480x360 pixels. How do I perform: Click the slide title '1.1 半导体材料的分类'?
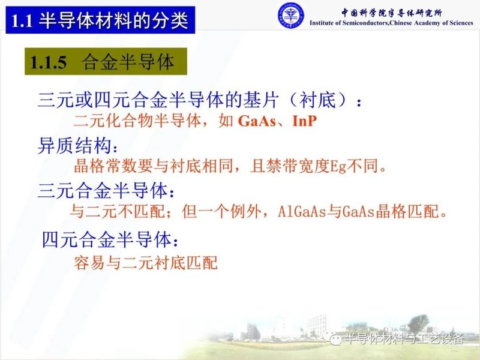[x=100, y=21]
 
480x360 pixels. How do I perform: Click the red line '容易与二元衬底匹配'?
[x=145, y=262]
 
